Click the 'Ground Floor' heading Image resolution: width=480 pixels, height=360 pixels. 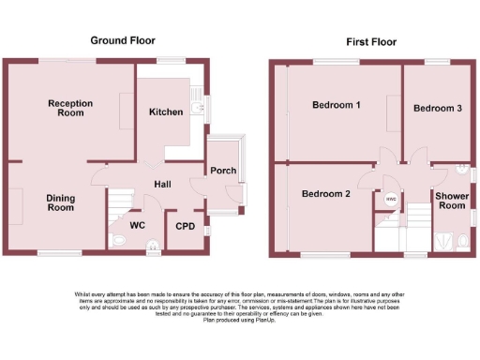tap(123, 40)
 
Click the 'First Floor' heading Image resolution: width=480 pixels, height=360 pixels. tap(370, 41)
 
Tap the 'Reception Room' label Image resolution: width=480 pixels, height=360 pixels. tap(65, 107)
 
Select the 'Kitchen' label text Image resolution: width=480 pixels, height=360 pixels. tap(166, 112)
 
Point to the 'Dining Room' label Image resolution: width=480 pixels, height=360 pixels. tap(61, 202)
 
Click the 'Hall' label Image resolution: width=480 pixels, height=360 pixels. tap(162, 184)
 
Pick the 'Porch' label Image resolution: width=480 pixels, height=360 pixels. tap(223, 171)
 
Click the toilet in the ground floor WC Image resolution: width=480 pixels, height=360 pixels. tap(118, 242)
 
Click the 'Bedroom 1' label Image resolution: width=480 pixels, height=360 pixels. tap(337, 105)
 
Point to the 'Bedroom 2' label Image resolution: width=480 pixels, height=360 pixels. tap(325, 194)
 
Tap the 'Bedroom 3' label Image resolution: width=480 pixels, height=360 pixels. tap(438, 109)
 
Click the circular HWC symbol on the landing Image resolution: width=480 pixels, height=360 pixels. tap(390, 199)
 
